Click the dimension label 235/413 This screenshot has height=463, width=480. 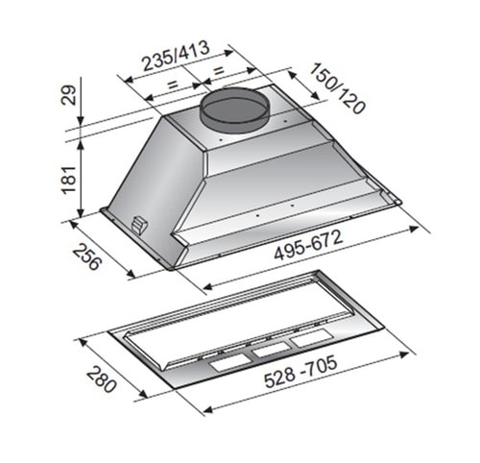click(176, 57)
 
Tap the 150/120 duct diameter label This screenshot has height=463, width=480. click(337, 88)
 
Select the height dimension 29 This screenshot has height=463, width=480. click(69, 95)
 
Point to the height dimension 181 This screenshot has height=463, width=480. click(69, 180)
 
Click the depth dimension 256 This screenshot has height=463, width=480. click(87, 256)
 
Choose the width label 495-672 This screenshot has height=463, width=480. click(308, 245)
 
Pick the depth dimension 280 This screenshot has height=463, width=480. click(101, 379)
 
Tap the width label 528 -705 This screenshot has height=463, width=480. click(300, 371)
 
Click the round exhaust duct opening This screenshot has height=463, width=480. click(234, 109)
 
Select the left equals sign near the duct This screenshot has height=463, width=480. click(173, 85)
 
